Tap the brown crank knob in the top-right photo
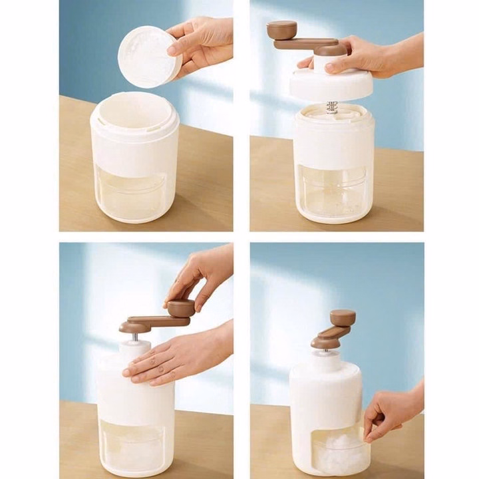(282, 29)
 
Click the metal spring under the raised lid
(332, 107)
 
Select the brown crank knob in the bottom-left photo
(180, 307)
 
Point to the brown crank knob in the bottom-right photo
(343, 317)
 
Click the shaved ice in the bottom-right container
(339, 452)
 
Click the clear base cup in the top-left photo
(133, 196)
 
